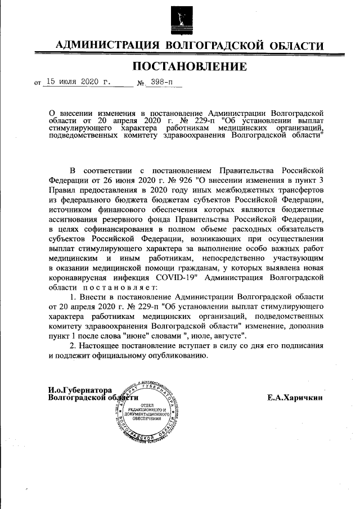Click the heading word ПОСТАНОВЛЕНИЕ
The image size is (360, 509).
[190, 67]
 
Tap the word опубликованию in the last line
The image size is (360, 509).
[182, 355]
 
